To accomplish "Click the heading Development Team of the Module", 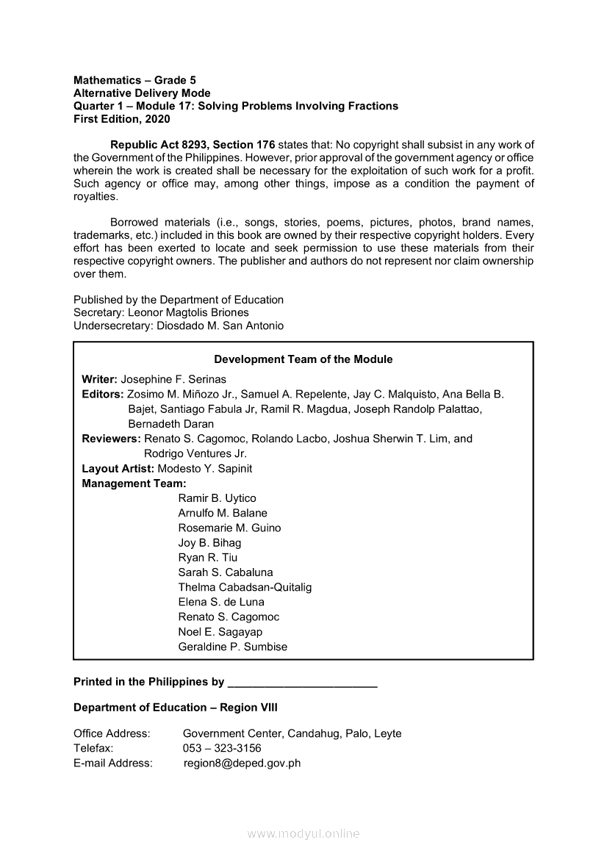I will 303,359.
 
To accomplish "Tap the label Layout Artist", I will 113,468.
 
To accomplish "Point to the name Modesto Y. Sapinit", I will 200,468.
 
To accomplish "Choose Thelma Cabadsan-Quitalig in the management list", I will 245,587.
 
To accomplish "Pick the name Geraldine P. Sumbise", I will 232,647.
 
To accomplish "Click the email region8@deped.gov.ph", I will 242,763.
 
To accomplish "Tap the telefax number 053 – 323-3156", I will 222,748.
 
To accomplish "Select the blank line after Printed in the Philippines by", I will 303,683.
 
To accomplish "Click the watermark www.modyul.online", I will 303,833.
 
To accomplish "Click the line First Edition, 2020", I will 122,118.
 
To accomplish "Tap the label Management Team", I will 134,484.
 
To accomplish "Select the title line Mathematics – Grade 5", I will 134,80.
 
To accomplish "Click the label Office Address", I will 112,733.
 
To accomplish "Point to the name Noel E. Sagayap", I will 220,632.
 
